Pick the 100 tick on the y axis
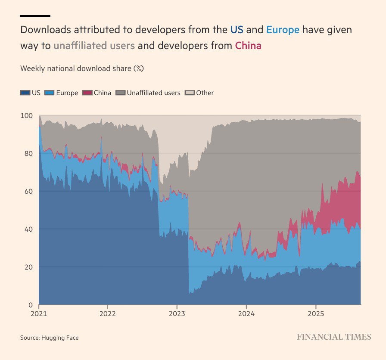click(27, 116)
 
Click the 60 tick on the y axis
click(28, 191)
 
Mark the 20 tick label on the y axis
click(28, 267)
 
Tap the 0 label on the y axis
click(31, 305)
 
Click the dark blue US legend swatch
click(25, 93)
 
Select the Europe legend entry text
click(67, 93)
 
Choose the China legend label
click(103, 93)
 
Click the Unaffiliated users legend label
click(154, 93)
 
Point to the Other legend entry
click(205, 93)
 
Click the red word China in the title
click(248, 45)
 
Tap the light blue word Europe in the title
click(283, 30)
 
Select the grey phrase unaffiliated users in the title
click(94, 45)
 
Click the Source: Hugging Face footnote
click(50, 338)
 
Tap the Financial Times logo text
click(334, 337)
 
